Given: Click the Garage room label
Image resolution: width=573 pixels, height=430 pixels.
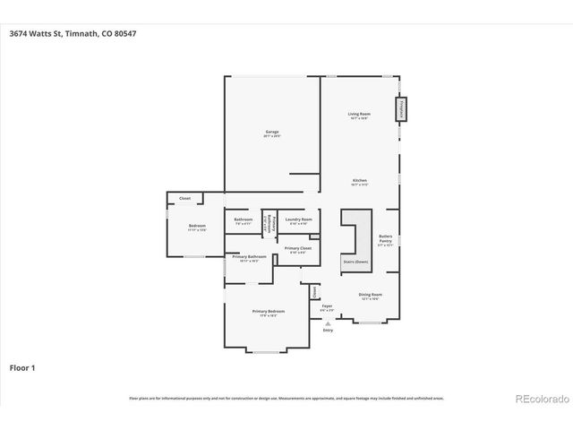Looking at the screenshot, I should point(272,133).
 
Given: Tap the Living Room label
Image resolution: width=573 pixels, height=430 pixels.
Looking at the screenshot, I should point(359,115).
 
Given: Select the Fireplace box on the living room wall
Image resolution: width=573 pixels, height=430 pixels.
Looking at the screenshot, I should point(402,108).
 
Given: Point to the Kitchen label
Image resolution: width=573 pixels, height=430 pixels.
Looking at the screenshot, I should point(359,182).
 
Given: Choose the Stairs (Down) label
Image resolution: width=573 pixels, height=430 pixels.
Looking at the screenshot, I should point(355,262).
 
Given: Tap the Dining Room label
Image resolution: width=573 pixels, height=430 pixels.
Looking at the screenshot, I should point(371,297).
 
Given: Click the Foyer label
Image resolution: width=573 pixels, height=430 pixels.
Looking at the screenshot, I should point(328,307).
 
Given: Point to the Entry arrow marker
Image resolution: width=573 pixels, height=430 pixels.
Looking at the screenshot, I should point(328,322).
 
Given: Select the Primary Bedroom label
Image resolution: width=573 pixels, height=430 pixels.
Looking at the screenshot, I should point(268,313).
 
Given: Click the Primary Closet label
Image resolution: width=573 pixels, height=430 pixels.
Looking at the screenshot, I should point(297,249).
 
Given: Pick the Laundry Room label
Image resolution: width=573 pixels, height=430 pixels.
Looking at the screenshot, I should point(298,220).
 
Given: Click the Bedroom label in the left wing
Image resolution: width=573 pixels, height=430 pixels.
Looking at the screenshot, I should point(197,227).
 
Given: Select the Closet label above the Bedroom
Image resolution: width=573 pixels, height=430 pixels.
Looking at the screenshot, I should point(184,198).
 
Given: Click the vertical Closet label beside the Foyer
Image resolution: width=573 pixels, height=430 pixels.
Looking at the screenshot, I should point(315,292).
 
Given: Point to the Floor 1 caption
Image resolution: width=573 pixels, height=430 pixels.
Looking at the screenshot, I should point(22,367).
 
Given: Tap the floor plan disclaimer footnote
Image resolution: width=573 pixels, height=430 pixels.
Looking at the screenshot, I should point(286,397).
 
